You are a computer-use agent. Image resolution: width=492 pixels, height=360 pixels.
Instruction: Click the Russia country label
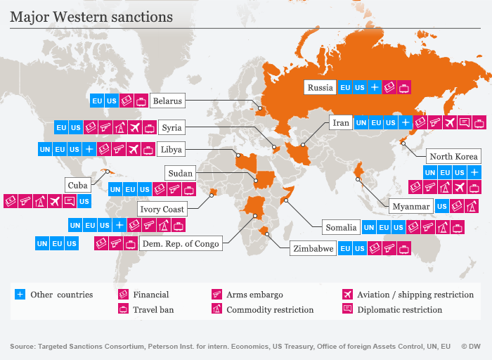click(x=320, y=88)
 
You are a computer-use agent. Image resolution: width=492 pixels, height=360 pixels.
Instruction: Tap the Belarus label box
click(x=167, y=101)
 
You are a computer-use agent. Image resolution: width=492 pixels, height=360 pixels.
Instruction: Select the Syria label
click(x=171, y=128)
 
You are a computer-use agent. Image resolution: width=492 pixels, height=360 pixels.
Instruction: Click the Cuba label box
click(x=78, y=185)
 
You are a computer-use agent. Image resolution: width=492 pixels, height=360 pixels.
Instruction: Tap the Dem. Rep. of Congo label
click(x=181, y=244)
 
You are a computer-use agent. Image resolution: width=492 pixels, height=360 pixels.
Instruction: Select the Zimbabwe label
click(x=313, y=249)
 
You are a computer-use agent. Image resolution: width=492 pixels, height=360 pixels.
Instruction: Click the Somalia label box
click(x=341, y=228)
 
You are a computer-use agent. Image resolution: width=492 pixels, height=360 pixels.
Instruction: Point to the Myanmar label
click(x=411, y=207)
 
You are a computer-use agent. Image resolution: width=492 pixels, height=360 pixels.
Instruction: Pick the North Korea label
click(x=454, y=157)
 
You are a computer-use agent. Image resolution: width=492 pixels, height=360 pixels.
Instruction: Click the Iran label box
click(x=341, y=123)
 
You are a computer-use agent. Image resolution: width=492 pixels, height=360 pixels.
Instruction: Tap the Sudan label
click(x=180, y=173)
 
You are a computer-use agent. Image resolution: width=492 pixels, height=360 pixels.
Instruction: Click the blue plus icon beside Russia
click(x=375, y=88)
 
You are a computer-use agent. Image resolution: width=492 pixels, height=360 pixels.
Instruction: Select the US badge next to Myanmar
click(x=441, y=207)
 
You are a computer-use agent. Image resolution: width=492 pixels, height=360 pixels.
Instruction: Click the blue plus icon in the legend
click(x=20, y=295)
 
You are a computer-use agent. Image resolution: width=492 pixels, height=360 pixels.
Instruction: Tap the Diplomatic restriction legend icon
click(x=347, y=309)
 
